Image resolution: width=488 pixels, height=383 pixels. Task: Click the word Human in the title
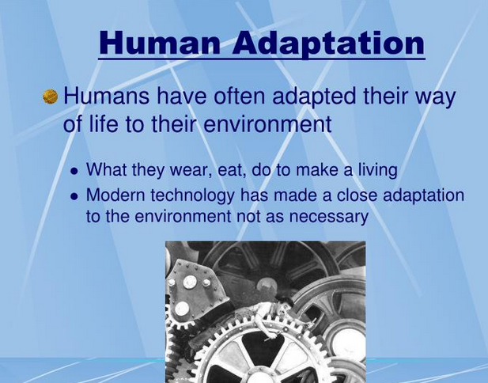tap(160, 43)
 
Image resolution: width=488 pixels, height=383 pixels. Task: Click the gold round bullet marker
tap(50, 97)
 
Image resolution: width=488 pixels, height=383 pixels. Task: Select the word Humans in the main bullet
tap(107, 96)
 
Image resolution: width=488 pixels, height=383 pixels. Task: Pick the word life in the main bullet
tap(103, 123)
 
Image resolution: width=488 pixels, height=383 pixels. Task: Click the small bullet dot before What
tap(74, 171)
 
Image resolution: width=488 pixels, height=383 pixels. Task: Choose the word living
tap(378, 171)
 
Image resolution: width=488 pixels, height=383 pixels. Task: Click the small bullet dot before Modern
tap(74, 196)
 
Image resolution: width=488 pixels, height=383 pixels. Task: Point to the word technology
tap(192, 196)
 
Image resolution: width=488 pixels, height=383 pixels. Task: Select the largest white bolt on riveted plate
tap(190, 282)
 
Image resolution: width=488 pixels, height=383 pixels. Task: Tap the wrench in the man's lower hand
tap(270, 338)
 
